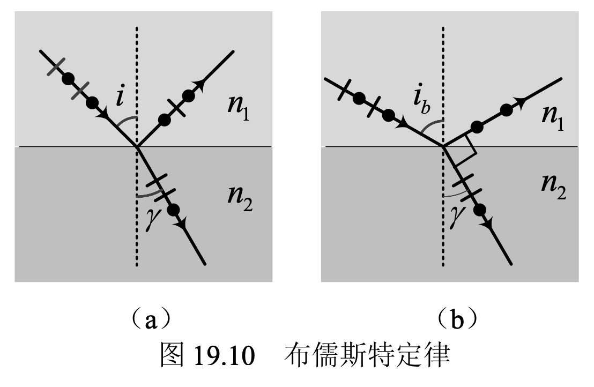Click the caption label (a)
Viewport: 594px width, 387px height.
click(x=146, y=320)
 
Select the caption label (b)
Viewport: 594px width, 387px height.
click(x=456, y=320)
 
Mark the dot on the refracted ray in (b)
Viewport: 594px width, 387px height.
click(x=480, y=210)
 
